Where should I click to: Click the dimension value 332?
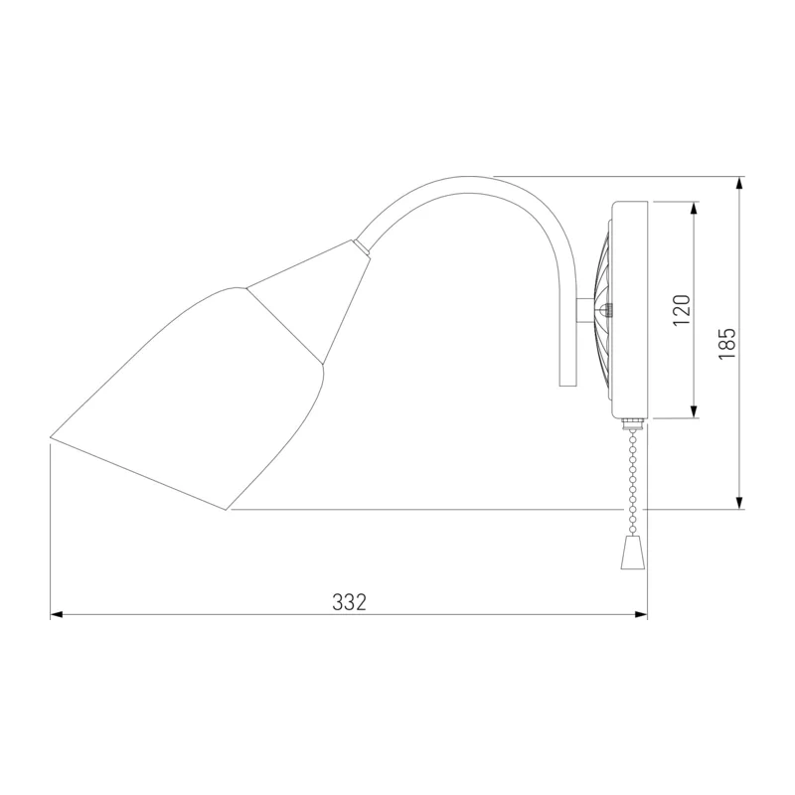click(x=350, y=602)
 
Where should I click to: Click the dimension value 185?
click(x=727, y=343)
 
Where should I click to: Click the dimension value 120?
click(x=682, y=310)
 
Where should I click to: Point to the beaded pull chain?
click(x=632, y=482)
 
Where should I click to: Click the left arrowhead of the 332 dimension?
click(x=57, y=615)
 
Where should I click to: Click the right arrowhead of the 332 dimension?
click(x=642, y=615)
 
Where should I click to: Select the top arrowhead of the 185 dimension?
click(x=739, y=183)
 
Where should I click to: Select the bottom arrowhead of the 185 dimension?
click(x=739, y=503)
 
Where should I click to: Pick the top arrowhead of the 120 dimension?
click(x=694, y=208)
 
